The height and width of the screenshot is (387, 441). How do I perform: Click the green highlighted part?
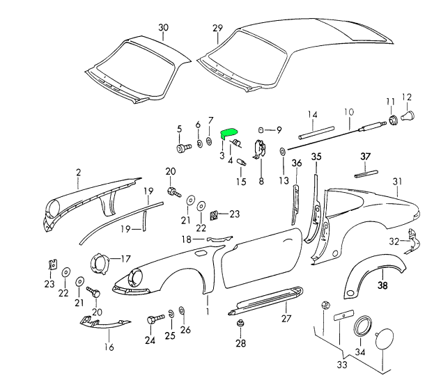229,132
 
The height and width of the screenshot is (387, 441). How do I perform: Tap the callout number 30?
163,28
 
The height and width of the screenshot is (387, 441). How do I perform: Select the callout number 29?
217,28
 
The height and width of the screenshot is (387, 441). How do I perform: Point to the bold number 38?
382,285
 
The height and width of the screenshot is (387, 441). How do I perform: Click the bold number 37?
366,156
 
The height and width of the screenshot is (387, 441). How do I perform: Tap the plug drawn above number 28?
240,325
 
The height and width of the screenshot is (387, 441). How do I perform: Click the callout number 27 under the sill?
285,319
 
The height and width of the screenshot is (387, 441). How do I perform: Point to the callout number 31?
398,182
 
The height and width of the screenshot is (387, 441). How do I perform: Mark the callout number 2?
78,172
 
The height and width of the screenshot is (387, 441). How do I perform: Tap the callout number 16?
109,347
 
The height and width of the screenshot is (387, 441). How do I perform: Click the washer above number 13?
283,152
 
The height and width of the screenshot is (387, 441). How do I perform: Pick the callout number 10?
348,111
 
